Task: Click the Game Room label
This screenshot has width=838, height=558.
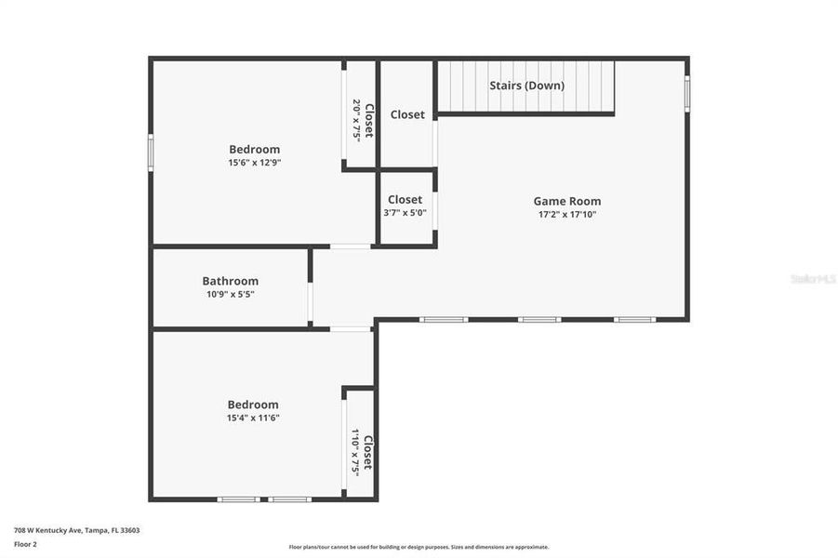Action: click(x=566, y=200)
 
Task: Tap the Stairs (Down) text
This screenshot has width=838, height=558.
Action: click(x=526, y=86)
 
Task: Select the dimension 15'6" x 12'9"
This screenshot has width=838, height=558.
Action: click(x=254, y=163)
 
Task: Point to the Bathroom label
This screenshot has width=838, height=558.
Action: click(x=230, y=281)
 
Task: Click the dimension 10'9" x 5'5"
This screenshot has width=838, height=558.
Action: click(x=230, y=294)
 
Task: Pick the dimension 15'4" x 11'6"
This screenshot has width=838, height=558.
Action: click(x=253, y=418)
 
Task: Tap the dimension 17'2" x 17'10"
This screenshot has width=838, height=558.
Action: click(x=566, y=214)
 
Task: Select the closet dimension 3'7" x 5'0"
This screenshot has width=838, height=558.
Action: click(x=405, y=213)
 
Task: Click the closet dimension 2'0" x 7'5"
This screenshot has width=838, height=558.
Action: click(x=356, y=120)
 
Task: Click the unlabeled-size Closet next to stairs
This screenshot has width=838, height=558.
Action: click(x=407, y=114)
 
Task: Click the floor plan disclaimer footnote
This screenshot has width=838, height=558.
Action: click(x=419, y=547)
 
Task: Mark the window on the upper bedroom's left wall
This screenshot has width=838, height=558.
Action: click(x=152, y=153)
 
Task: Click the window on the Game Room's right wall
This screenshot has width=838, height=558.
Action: click(x=687, y=94)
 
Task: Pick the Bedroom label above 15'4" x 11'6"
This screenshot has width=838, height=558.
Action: click(x=253, y=405)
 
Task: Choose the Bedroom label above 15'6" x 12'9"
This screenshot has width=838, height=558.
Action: click(x=254, y=149)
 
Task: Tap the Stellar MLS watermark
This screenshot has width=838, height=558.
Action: click(x=811, y=278)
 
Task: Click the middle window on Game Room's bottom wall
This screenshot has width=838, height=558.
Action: click(x=539, y=320)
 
